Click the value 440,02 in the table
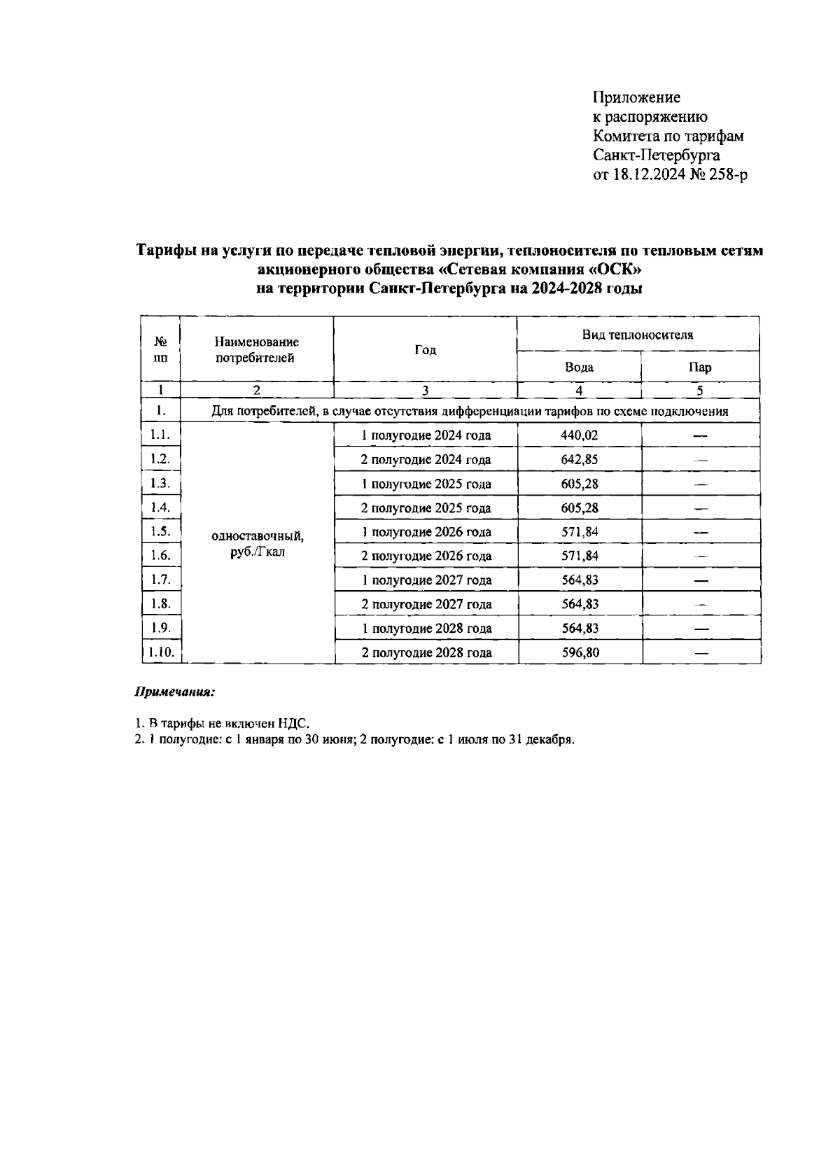point(580,435)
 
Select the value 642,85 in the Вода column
point(580,460)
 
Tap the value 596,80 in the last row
point(580,653)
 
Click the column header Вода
point(579,367)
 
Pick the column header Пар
point(700,367)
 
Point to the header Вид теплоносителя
point(638,335)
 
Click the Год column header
point(425,350)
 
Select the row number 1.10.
point(161,652)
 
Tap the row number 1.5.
point(160,531)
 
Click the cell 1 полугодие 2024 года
point(426,435)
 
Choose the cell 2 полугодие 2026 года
point(426,556)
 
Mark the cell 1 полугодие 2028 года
point(426,629)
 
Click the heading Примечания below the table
point(174,692)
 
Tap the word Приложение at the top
point(636,97)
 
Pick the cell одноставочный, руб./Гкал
point(257,544)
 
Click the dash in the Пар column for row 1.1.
point(700,436)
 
